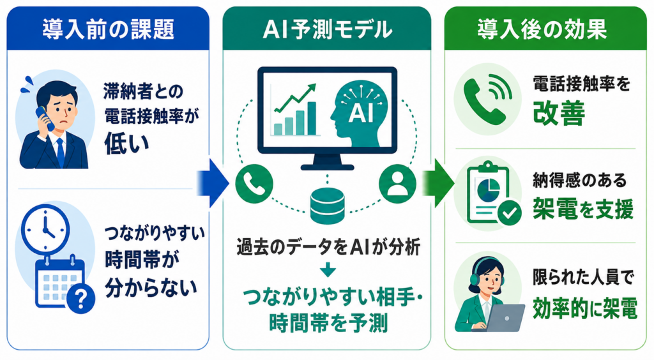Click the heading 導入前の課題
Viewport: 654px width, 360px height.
tap(109, 29)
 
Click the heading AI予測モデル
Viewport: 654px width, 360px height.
tap(328, 29)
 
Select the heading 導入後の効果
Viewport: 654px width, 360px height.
tap(542, 29)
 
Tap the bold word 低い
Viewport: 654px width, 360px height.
tap(127, 143)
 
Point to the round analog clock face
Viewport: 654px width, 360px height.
tap(45, 229)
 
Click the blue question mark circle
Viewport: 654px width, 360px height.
tap(81, 298)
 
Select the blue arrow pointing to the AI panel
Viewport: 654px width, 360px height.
tap(213, 183)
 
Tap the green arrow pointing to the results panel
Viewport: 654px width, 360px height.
tap(437, 183)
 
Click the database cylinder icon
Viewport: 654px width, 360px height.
tap(328, 206)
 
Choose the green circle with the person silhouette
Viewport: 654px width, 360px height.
tap(397, 184)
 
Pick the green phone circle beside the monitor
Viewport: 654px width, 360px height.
tap(254, 184)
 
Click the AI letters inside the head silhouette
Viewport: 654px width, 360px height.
tap(361, 112)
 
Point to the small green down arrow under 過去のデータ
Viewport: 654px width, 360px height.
tap(328, 270)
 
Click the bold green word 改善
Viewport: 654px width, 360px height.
tap(559, 114)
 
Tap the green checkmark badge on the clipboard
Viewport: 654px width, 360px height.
tap(509, 213)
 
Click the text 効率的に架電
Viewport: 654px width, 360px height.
tap(585, 309)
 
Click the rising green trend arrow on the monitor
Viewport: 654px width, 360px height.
tap(294, 99)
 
